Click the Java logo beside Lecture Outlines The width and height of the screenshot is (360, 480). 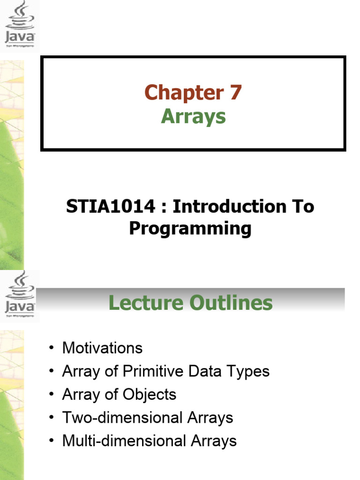pyautogui.click(x=20, y=295)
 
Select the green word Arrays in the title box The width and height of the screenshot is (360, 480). pyautogui.click(x=193, y=116)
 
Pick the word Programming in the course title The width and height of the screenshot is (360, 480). pyautogui.click(x=190, y=229)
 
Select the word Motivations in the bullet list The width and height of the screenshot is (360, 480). pyautogui.click(x=102, y=348)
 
